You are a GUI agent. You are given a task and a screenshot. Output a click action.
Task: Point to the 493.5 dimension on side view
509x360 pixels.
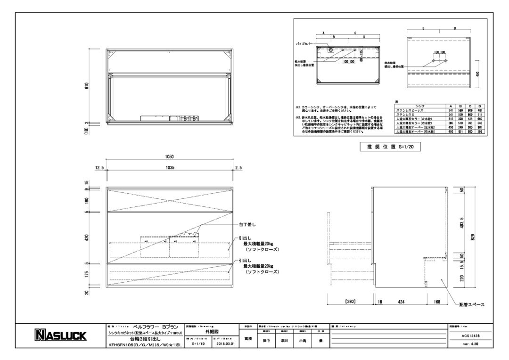[x=462, y=222]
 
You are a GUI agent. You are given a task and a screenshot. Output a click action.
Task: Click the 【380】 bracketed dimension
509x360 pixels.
[x=349, y=302]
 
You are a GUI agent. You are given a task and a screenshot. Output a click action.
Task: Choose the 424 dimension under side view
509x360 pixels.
[x=401, y=302]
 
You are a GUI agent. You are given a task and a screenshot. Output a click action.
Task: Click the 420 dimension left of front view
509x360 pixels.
[x=86, y=237]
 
